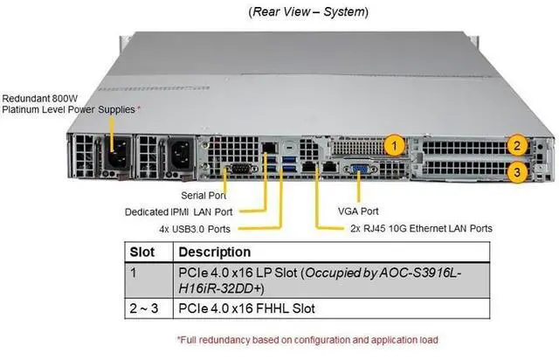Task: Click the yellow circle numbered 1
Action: [x=396, y=144]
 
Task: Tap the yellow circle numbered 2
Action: [x=517, y=146]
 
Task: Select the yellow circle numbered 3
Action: [x=517, y=172]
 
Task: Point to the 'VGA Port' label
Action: [x=359, y=211]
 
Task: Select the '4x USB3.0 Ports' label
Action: [x=195, y=228]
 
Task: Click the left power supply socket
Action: [x=117, y=153]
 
